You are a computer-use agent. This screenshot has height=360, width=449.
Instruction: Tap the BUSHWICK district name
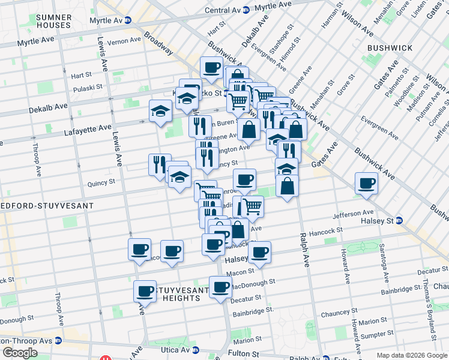(390, 47)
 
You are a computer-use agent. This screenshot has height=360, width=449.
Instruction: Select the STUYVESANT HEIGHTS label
(180, 294)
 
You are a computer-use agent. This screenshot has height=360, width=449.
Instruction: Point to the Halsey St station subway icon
(399, 221)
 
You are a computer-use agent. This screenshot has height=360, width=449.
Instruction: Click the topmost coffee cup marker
(211, 68)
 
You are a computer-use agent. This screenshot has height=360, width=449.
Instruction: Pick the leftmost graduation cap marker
(160, 111)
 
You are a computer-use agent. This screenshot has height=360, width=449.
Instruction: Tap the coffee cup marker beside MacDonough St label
(220, 287)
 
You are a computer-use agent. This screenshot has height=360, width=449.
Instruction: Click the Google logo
(20, 353)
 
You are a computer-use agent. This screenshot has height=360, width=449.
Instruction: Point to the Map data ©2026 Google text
(411, 355)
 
